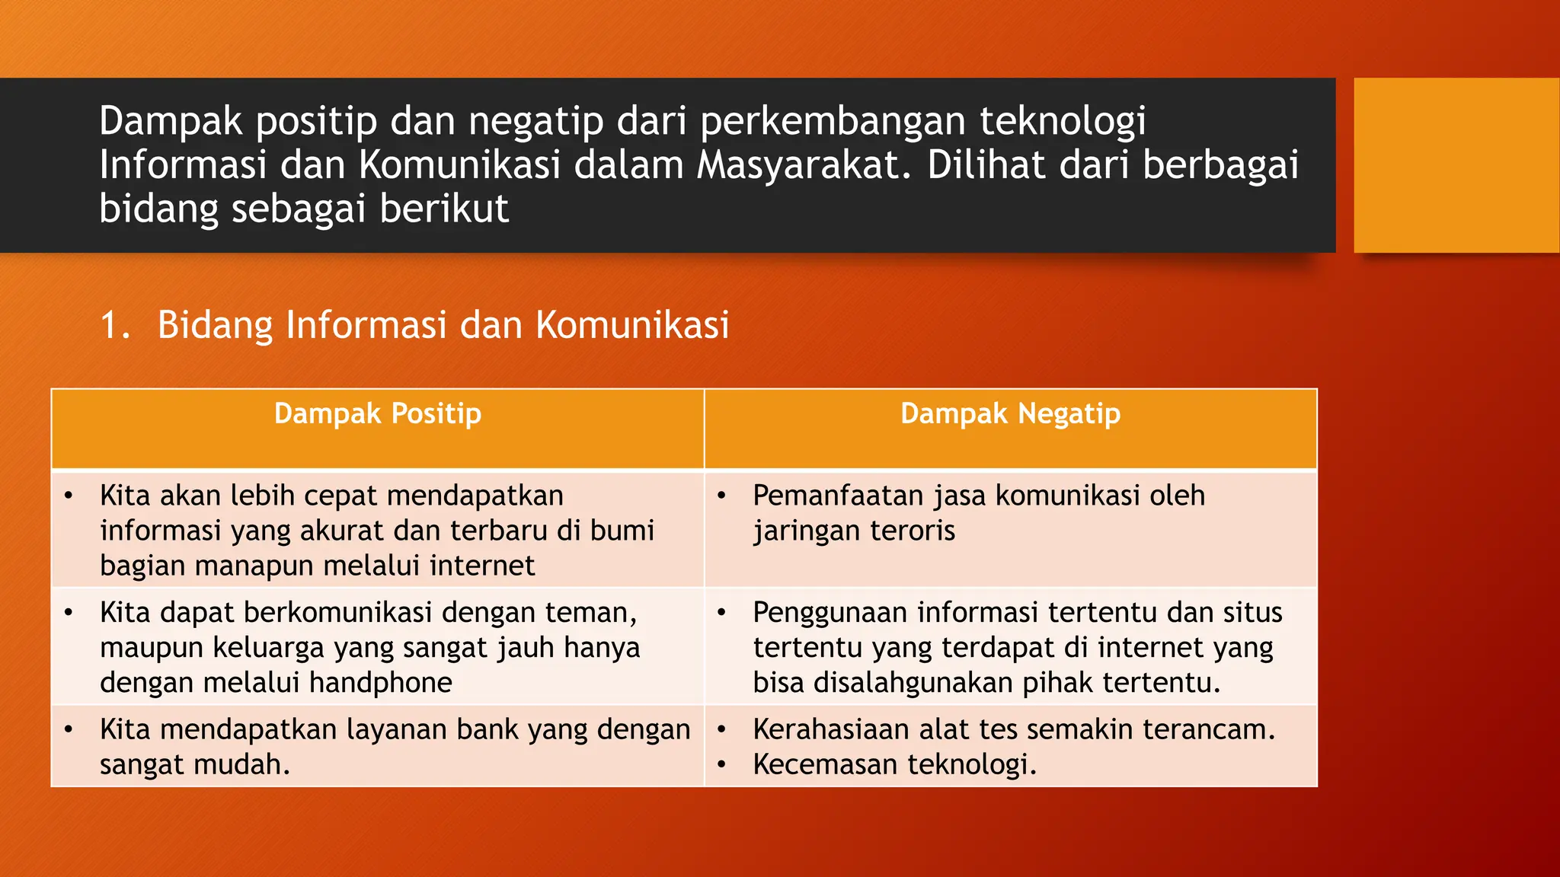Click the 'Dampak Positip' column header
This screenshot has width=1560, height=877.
click(378, 414)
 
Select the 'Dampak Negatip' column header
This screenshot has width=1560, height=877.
click(1010, 414)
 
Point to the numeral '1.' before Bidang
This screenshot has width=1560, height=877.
click(115, 325)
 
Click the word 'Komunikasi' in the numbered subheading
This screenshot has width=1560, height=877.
click(632, 325)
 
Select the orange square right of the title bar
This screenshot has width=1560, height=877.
click(1456, 165)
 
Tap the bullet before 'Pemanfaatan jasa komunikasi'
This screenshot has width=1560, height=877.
click(721, 496)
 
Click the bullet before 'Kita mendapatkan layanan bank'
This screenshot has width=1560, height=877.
click(69, 730)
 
